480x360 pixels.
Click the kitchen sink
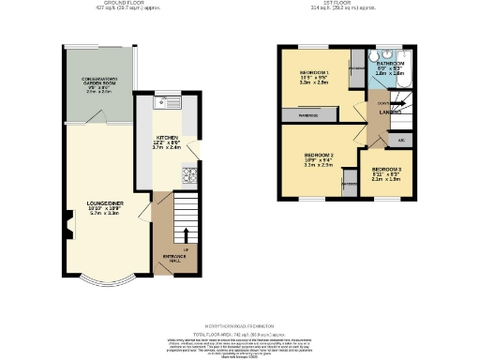click(x=166, y=100)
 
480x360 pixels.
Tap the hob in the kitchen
click(x=187, y=172)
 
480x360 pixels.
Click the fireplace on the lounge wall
click(x=67, y=222)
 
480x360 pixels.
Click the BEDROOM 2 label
click(x=319, y=156)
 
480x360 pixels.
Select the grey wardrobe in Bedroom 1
click(x=306, y=115)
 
